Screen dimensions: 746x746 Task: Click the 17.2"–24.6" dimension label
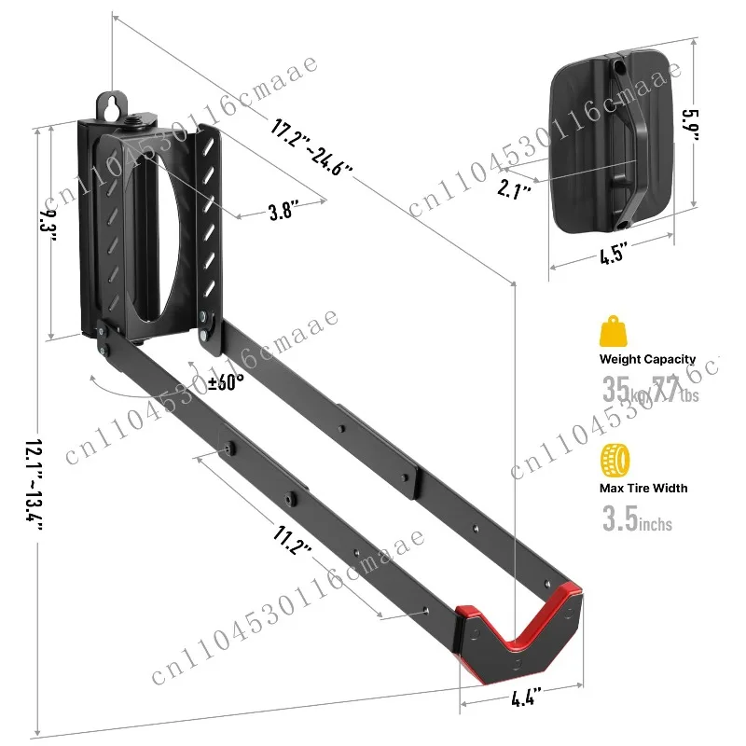pyautogui.click(x=313, y=146)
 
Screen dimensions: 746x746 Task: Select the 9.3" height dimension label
pyautogui.click(x=48, y=226)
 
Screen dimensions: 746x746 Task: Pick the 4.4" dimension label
pyautogui.click(x=525, y=695)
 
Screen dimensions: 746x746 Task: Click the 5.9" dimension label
pyautogui.click(x=689, y=123)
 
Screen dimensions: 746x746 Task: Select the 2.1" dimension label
pyautogui.click(x=514, y=191)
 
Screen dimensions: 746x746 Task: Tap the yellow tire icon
pyautogui.click(x=615, y=461)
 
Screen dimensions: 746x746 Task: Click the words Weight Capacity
pyautogui.click(x=648, y=359)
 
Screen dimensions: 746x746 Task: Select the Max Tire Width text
pyautogui.click(x=644, y=488)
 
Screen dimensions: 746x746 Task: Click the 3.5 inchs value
pyautogui.click(x=637, y=519)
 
